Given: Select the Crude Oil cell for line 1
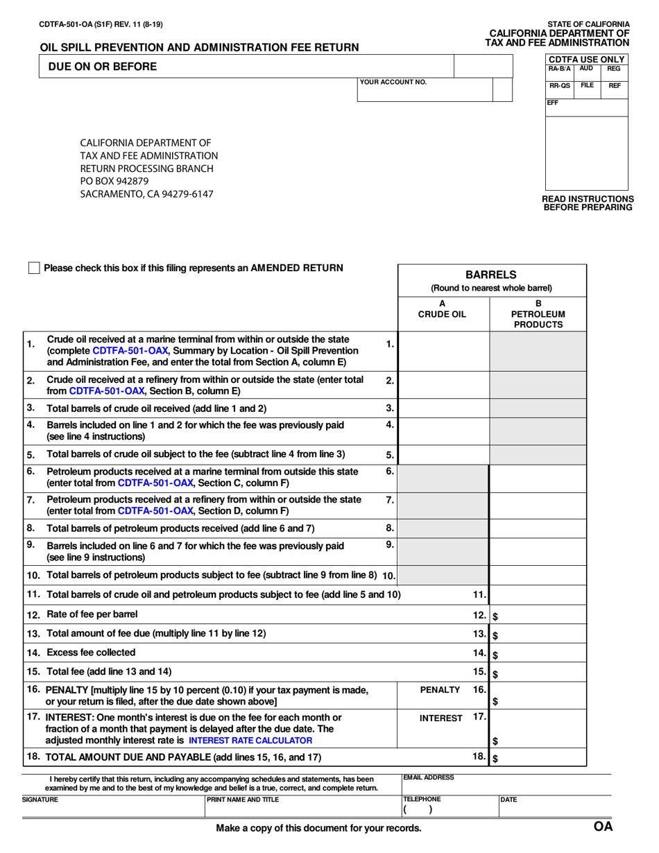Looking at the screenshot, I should [444, 352].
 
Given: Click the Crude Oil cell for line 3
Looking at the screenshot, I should [444, 408].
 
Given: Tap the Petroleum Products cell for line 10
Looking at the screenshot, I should [538, 575].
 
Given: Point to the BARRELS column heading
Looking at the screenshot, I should [492, 275].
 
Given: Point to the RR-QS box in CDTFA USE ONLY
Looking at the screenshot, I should [560, 86].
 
